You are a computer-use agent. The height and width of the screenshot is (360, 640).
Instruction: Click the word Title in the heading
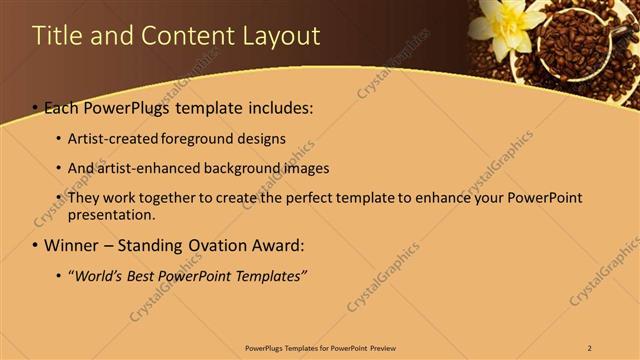pyautogui.click(x=56, y=36)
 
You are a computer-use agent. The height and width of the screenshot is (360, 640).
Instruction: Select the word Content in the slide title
pyautogui.click(x=192, y=36)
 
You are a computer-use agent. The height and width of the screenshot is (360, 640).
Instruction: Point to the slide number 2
pyautogui.click(x=590, y=348)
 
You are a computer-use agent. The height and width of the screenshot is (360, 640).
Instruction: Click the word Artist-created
pyautogui.click(x=114, y=138)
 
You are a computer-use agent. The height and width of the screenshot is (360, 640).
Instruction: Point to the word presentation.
pyautogui.click(x=111, y=215)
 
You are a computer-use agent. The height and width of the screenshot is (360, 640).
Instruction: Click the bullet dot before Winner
pyautogui.click(x=35, y=245)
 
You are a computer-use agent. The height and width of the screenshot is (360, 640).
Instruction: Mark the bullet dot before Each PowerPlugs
pyautogui.click(x=35, y=107)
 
